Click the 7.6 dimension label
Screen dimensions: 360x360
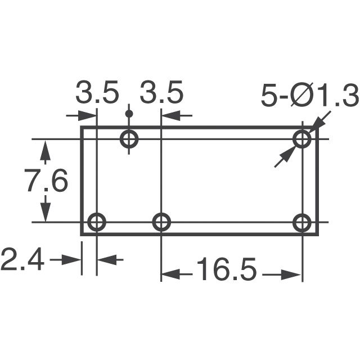(46, 181)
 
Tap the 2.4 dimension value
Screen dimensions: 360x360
(22, 260)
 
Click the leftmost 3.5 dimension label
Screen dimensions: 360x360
(98, 93)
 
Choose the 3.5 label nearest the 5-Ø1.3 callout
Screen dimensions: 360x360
(162, 93)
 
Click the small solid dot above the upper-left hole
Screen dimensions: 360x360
(129, 114)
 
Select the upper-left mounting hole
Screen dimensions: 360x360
(130, 138)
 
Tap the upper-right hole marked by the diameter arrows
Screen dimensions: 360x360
(303, 138)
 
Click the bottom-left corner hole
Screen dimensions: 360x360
(97, 222)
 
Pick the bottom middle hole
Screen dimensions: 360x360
(162, 222)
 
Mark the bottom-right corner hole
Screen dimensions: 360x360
(303, 222)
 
